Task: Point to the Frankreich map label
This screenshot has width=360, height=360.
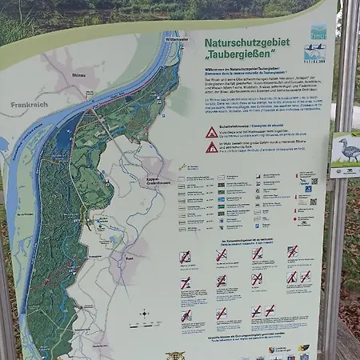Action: point(30,104)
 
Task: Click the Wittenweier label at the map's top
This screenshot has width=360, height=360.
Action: point(176,38)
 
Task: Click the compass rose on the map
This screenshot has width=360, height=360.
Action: point(145,314)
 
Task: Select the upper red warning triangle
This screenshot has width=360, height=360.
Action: point(211,132)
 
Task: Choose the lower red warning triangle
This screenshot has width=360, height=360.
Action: point(211,147)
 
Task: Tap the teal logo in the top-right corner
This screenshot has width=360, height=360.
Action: point(318,32)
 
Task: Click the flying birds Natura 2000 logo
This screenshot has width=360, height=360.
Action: point(315,54)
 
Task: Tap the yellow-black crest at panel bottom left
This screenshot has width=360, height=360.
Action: point(175,354)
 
